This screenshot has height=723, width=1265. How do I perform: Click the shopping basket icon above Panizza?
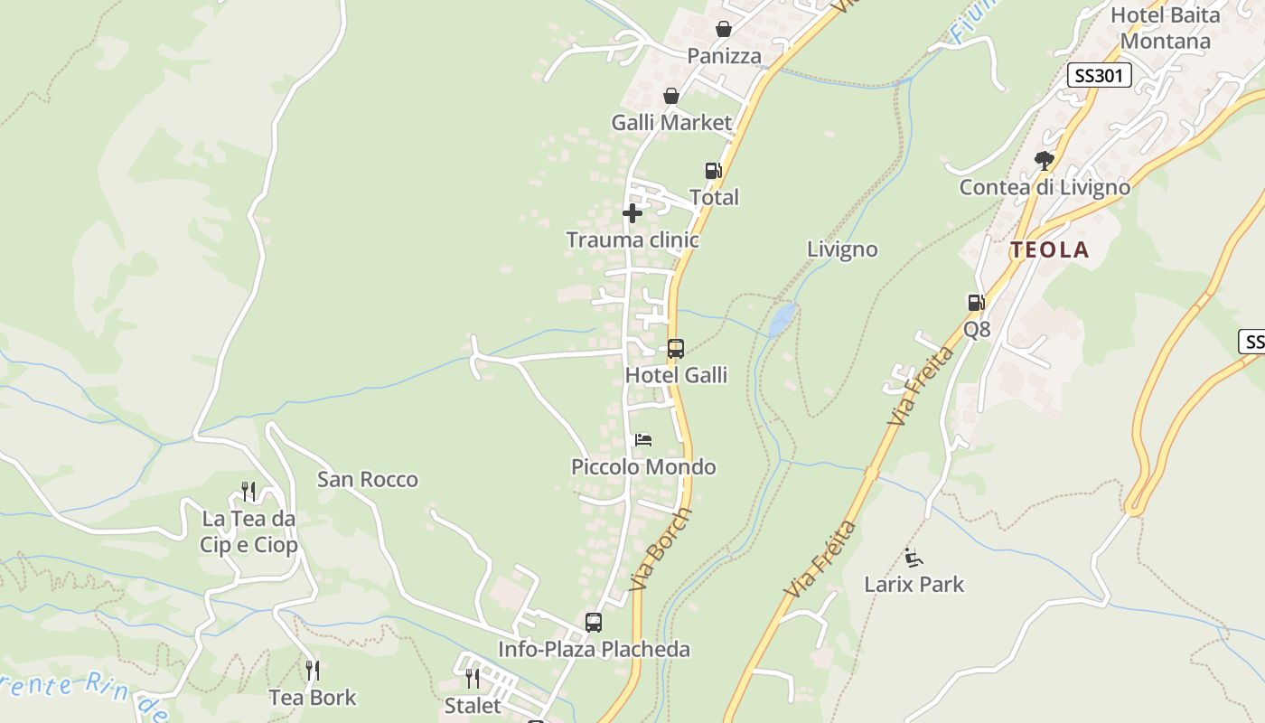[723, 29]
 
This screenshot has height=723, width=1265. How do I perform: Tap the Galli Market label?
[670, 122]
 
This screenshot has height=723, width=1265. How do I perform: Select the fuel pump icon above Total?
[713, 171]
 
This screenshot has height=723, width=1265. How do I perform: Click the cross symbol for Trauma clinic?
[632, 213]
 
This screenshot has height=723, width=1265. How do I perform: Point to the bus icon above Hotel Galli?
[675, 348]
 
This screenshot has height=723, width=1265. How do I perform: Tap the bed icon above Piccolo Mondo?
[643, 440]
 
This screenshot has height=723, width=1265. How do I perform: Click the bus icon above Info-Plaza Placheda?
[593, 623]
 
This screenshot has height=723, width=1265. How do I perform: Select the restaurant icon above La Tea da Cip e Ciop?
[248, 492]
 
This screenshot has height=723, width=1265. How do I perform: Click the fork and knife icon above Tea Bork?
[313, 671]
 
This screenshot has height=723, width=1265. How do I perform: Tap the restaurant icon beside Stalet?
[473, 678]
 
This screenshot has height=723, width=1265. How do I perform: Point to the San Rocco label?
[367, 479]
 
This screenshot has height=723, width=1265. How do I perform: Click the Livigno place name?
[842, 249]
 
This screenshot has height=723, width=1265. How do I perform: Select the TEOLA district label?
[1049, 250]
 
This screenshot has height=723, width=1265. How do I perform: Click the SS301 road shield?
[1099, 76]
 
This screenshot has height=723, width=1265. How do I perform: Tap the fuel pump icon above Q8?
[976, 303]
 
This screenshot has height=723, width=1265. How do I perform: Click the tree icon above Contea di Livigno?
[1045, 161]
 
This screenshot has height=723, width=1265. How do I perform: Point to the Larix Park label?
[914, 584]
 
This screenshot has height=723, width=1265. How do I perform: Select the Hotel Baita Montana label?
[1165, 28]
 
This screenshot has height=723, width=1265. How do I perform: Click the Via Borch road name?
[661, 549]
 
